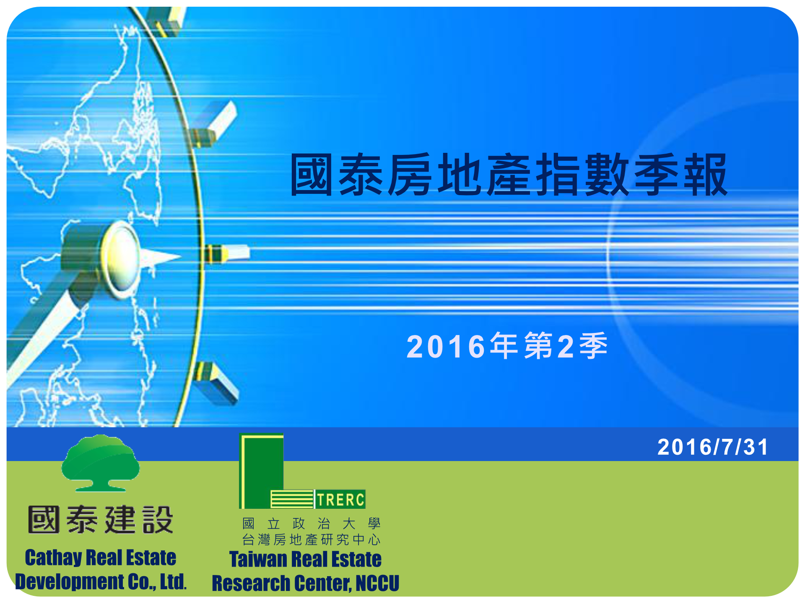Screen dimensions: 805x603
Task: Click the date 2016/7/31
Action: coord(713,447)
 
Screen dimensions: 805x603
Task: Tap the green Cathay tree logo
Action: coord(101,463)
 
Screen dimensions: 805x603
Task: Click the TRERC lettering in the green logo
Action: coord(340,500)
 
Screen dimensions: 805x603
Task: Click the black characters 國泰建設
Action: coord(101,520)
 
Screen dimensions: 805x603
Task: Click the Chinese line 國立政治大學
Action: coord(312,523)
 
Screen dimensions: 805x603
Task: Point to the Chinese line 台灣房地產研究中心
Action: coord(312,540)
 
